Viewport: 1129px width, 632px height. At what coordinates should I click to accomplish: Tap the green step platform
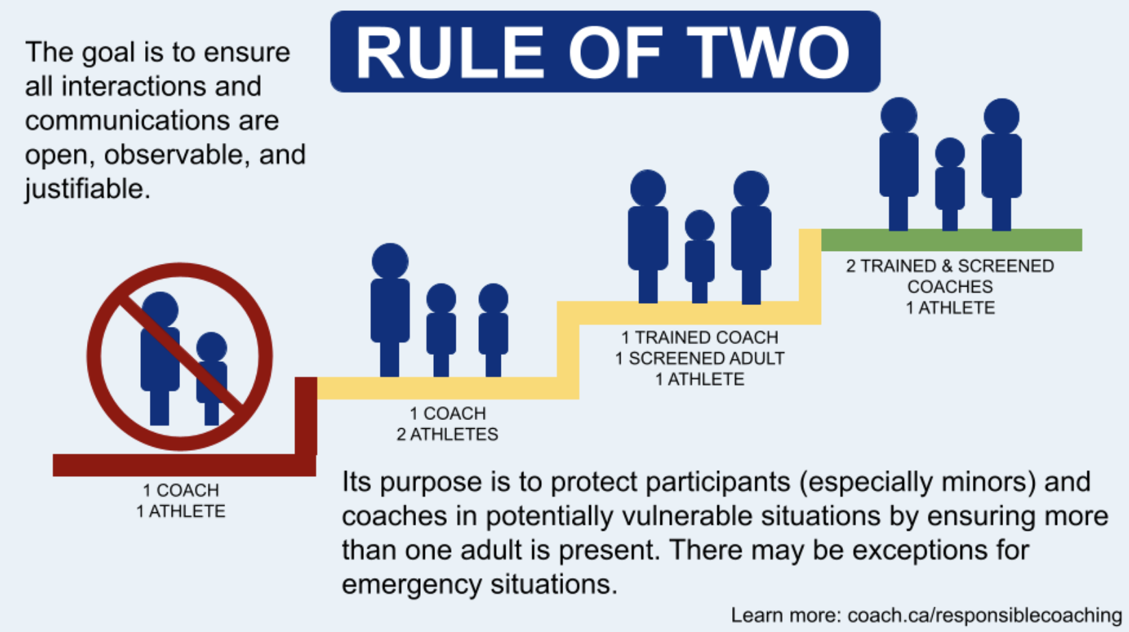(952, 240)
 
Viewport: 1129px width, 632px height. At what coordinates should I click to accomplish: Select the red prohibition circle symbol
(180, 356)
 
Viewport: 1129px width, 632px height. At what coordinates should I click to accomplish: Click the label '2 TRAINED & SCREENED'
(950, 265)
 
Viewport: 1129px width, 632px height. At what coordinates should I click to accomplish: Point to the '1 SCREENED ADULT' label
(699, 358)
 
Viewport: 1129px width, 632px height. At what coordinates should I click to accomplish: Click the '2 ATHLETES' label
(447, 434)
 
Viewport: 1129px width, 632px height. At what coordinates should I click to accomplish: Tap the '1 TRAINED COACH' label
(699, 337)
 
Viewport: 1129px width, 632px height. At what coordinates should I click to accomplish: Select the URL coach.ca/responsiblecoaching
(985, 616)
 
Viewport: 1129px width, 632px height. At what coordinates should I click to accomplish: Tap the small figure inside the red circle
(211, 378)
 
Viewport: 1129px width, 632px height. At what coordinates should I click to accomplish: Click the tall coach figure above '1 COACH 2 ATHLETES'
(390, 310)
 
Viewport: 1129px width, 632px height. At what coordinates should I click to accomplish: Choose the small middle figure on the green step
(950, 184)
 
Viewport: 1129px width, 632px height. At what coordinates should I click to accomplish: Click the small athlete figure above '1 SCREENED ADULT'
(699, 256)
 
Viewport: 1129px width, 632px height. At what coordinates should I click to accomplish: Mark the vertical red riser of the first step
(306, 417)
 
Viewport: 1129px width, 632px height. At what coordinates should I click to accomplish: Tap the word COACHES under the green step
(950, 287)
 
